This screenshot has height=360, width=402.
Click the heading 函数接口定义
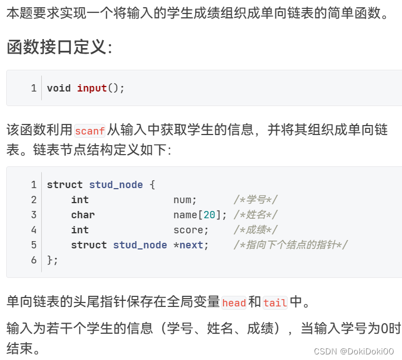(59, 47)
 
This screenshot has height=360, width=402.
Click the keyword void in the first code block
(59, 88)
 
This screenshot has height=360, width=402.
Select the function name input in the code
(92, 88)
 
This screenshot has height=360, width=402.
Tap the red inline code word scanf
(90, 131)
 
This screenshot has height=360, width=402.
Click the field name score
(188, 230)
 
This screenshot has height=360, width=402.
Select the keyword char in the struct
(83, 215)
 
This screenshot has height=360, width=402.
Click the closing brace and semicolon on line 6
(52, 260)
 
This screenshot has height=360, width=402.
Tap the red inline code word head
(234, 303)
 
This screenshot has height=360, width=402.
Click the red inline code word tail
(275, 303)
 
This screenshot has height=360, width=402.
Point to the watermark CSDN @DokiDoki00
(353, 351)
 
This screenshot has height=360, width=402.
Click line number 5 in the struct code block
(34, 245)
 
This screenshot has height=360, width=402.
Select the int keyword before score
(80, 230)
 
